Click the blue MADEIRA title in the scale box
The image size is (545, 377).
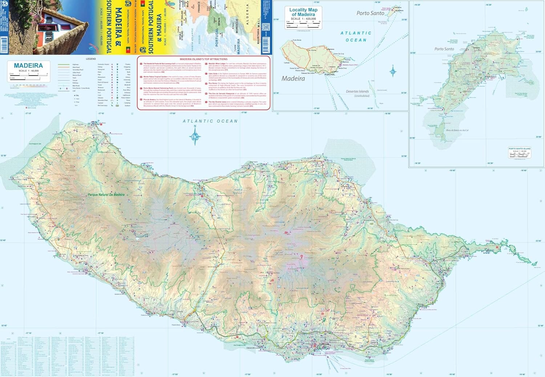click(28, 65)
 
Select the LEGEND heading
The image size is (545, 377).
click(91, 59)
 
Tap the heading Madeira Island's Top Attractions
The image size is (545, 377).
click(203, 59)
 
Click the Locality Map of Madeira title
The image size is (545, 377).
click(303, 12)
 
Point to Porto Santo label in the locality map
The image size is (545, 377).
click(370, 13)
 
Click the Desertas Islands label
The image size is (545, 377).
click(357, 92)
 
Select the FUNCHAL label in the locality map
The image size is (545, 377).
click(330, 75)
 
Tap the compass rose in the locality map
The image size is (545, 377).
click(393, 71)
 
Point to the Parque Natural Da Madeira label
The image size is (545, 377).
click(106, 194)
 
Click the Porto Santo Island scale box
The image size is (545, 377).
click(519, 152)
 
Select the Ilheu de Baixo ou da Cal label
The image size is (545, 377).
click(457, 130)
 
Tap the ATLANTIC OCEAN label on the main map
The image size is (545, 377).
click(210, 121)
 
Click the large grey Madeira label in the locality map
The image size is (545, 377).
click(293, 79)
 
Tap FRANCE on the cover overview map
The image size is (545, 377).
click(198, 7)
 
